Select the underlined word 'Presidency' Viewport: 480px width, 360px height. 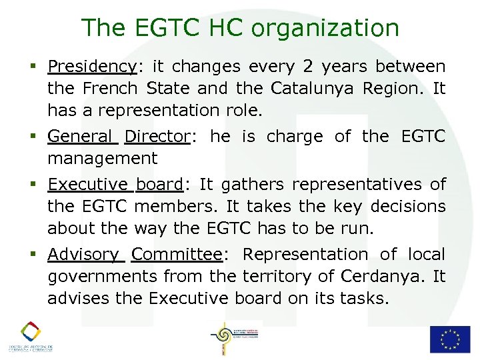pyautogui.click(x=92, y=67)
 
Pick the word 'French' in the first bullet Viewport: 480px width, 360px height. pyautogui.click(x=110, y=89)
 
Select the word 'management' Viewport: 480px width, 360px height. pyautogui.click(x=103, y=159)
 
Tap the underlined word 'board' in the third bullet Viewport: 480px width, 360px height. pyautogui.click(x=159, y=185)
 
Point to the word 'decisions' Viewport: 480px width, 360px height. pyautogui.click(x=408, y=207)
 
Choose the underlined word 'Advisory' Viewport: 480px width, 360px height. pyautogui.click(x=83, y=255)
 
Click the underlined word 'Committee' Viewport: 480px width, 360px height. pyautogui.click(x=177, y=255)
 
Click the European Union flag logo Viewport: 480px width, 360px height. pyautogui.click(x=449, y=339)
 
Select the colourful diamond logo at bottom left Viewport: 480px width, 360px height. pyautogui.click(x=30, y=331)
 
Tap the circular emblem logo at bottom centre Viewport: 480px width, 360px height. pyautogui.click(x=221, y=337)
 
